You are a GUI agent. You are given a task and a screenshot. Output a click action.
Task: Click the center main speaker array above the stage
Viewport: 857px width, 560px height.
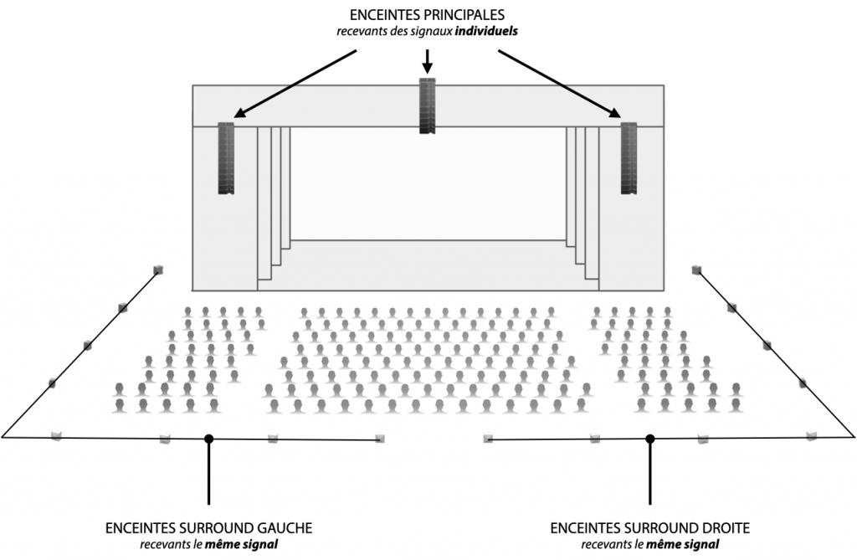tap(428, 106)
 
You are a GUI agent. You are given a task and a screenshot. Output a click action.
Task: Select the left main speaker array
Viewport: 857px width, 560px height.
tap(226, 158)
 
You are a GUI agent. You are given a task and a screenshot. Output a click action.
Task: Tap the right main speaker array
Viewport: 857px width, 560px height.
tap(629, 158)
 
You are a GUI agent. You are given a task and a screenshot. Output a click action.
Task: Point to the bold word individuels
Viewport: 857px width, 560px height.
tap(486, 31)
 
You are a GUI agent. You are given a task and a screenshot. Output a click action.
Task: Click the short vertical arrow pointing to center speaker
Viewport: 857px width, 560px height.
tap(428, 61)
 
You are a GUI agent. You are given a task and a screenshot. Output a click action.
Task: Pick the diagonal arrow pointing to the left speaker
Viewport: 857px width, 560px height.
tap(295, 85)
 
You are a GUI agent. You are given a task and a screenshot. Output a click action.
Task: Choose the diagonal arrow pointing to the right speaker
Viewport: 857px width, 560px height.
tap(560, 85)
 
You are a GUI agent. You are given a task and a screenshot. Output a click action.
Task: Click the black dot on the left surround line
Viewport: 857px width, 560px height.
tap(208, 439)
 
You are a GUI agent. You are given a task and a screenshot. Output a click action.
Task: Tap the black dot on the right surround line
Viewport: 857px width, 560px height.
tap(649, 439)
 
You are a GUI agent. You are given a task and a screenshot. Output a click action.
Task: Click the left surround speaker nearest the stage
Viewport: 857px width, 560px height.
tap(158, 269)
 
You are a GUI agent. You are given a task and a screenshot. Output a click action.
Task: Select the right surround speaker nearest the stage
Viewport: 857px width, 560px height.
tap(696, 269)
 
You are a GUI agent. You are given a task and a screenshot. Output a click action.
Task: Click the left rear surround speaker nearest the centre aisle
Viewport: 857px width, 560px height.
tap(380, 438)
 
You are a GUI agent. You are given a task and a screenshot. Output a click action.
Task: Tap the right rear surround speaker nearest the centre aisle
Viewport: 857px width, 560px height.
tap(488, 438)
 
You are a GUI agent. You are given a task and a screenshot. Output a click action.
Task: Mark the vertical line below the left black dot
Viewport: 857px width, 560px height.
tap(208, 474)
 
